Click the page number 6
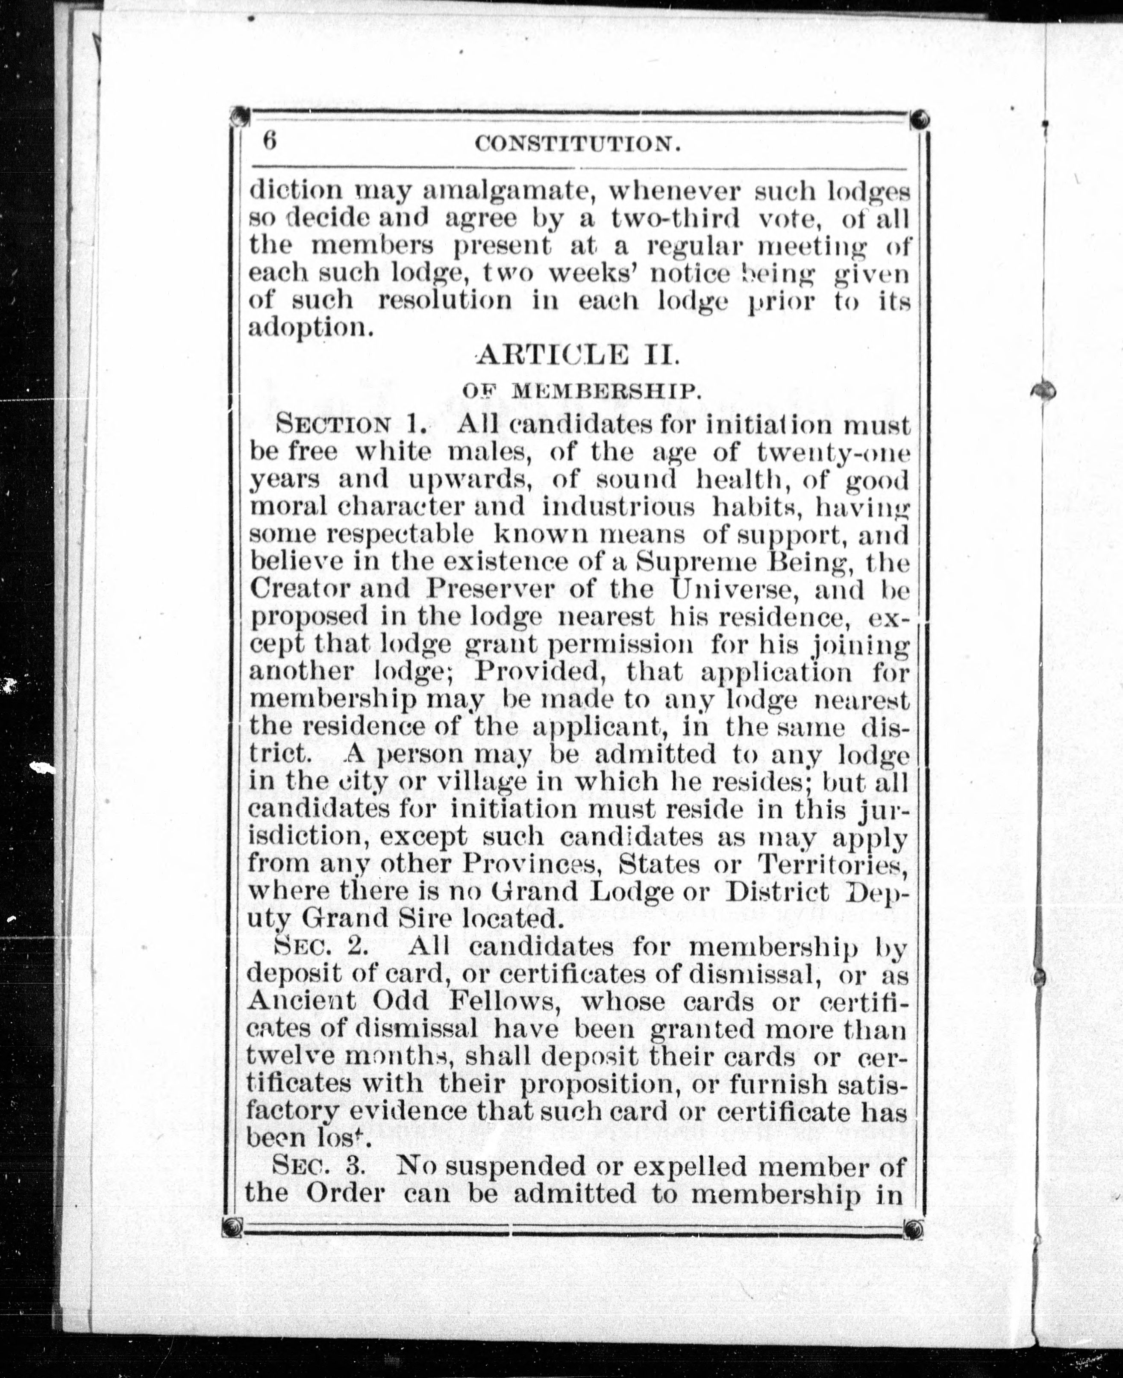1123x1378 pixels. pyautogui.click(x=270, y=140)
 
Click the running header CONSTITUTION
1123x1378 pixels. pyautogui.click(x=578, y=144)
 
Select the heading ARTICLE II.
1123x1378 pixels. pyautogui.click(x=578, y=355)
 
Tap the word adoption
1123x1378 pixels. pyautogui.click(x=311, y=328)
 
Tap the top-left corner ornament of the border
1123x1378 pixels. pyautogui.click(x=240, y=117)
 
